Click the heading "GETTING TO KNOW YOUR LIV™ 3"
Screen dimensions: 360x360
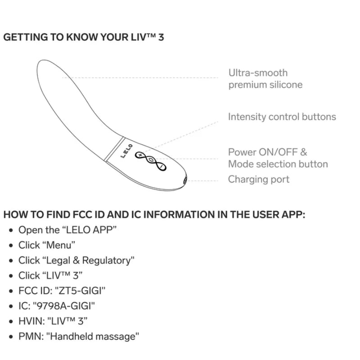point(84,37)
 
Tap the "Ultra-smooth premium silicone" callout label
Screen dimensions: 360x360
point(265,79)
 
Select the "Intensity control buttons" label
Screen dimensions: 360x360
point(282,117)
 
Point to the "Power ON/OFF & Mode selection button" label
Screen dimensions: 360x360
point(278,158)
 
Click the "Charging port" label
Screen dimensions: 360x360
point(259,180)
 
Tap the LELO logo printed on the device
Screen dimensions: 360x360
point(127,151)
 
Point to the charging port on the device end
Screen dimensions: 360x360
point(184,180)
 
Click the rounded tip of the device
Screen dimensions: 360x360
point(45,67)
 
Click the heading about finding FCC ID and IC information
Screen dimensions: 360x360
point(154,214)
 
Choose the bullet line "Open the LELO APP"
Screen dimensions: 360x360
point(67,230)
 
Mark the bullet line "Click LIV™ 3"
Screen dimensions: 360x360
point(50,275)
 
